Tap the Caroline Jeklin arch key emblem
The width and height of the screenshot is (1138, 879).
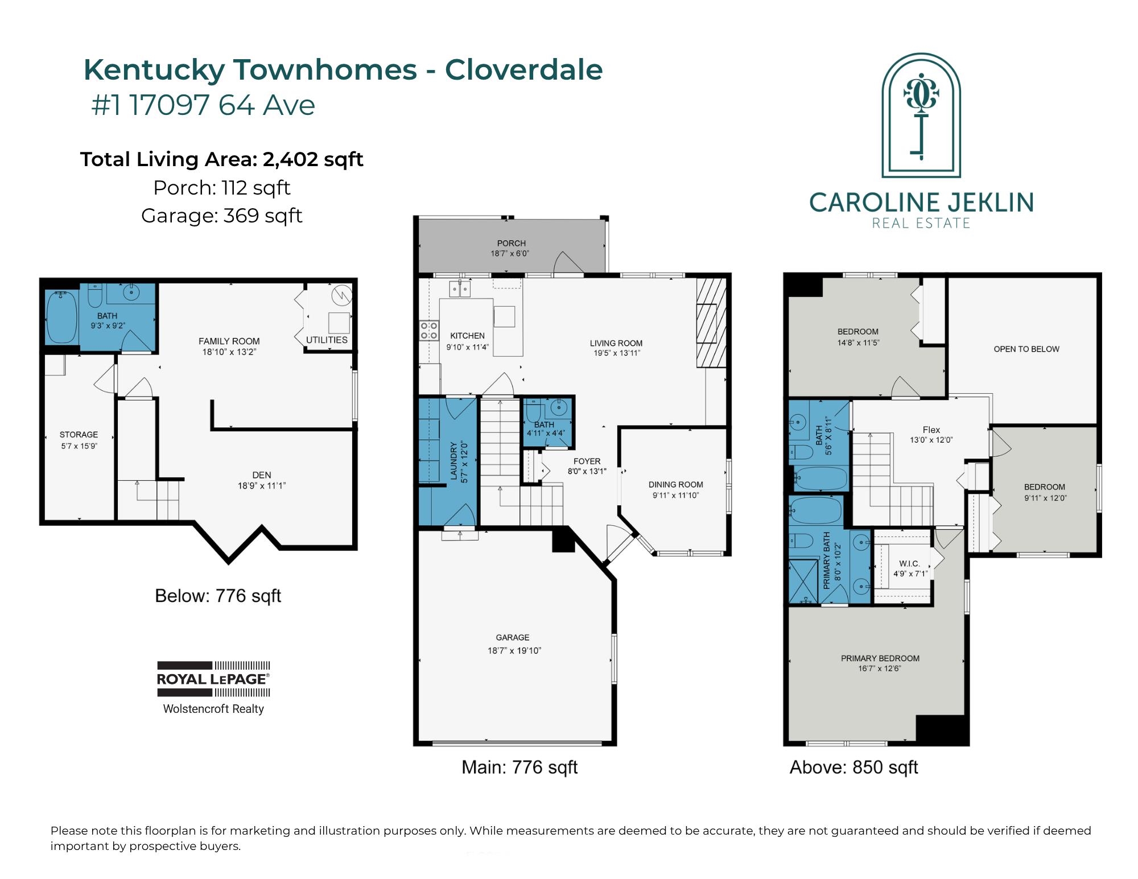click(x=921, y=115)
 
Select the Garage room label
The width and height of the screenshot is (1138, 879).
click(x=513, y=638)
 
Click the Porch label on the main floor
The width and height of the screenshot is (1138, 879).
click(x=511, y=243)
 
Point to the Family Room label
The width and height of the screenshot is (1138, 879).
click(x=229, y=341)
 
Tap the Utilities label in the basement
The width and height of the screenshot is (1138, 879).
click(x=327, y=340)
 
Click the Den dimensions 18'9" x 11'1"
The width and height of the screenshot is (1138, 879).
click(x=262, y=486)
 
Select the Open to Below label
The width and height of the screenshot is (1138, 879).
click(x=1026, y=349)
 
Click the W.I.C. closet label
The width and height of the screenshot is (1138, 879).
click(x=909, y=563)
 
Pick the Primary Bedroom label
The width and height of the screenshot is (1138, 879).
click(x=880, y=658)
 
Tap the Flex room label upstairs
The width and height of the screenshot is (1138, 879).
click(x=931, y=430)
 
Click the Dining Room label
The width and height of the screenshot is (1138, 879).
click(x=676, y=485)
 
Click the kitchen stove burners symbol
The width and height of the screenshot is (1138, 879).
click(x=429, y=331)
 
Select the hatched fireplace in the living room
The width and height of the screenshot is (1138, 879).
click(x=711, y=323)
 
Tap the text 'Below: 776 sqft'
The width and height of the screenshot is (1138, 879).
click(x=218, y=596)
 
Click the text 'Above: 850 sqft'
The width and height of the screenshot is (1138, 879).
click(x=853, y=767)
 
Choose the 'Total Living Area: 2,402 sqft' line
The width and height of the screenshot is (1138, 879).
click(x=222, y=159)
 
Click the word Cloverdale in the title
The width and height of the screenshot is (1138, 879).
click(x=523, y=70)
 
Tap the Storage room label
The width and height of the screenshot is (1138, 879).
click(x=79, y=435)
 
